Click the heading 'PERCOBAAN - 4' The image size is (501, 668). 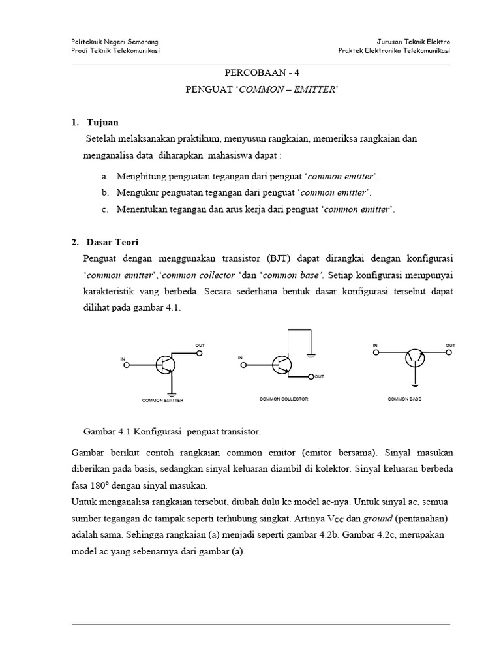[x=260, y=74]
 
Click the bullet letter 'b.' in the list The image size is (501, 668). [x=104, y=192]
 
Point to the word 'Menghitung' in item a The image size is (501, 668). [x=142, y=176]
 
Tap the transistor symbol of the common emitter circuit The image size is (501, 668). [x=165, y=365]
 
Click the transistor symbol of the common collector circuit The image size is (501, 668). [x=282, y=364]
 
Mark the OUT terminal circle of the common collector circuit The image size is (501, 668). [x=311, y=376]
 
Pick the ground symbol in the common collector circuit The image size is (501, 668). [x=311, y=355]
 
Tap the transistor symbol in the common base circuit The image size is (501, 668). [x=414, y=357]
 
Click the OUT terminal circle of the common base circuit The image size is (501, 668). [x=449, y=352]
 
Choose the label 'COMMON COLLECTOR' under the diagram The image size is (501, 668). [x=284, y=399]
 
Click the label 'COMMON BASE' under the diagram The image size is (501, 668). [x=404, y=399]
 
